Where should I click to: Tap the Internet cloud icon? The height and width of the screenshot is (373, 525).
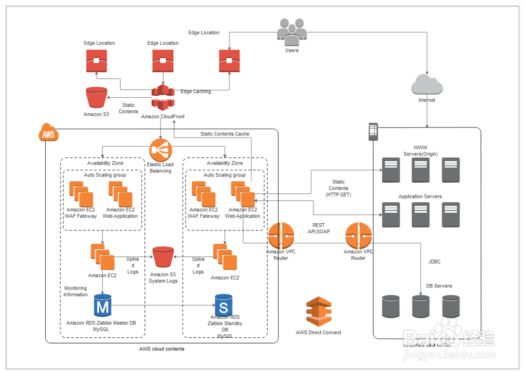click(x=427, y=85)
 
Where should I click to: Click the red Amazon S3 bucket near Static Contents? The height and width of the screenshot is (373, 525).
click(x=96, y=98)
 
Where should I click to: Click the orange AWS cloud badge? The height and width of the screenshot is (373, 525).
click(x=48, y=134)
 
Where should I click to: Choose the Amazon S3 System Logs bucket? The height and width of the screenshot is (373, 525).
click(x=163, y=256)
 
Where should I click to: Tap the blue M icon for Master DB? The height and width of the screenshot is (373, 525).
click(x=102, y=305)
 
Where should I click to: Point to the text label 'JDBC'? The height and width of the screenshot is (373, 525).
click(x=435, y=261)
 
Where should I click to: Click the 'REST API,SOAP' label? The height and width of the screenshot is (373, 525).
click(x=318, y=228)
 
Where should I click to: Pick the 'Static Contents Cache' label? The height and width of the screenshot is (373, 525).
click(x=225, y=134)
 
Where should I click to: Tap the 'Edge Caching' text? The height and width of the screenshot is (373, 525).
click(x=196, y=91)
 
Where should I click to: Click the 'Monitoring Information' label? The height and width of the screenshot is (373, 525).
click(x=76, y=292)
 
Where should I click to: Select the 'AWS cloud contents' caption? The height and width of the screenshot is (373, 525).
click(x=162, y=349)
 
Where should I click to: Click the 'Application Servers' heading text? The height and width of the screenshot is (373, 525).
click(x=420, y=196)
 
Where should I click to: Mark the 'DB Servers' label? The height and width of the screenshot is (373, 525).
click(x=439, y=286)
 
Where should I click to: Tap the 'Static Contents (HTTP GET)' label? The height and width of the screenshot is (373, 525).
click(x=338, y=188)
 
